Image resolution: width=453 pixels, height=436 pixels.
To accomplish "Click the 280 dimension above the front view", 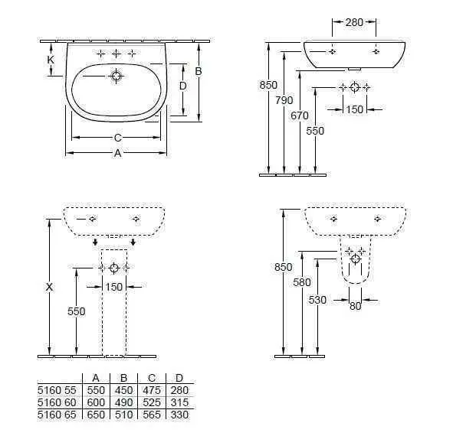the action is [x=354, y=22].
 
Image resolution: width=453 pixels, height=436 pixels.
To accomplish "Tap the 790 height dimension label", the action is [x=284, y=100].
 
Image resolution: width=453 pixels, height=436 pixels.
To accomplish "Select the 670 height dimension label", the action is [x=300, y=116].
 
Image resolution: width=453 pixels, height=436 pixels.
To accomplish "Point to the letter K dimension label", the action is [x=51, y=60].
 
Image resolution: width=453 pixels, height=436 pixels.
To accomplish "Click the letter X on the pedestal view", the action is [x=49, y=287].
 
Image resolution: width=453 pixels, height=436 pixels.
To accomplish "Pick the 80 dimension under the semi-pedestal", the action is [x=355, y=306].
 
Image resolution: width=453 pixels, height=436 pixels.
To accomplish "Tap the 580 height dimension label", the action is [x=302, y=282].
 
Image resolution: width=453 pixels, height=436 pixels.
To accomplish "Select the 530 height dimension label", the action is [x=317, y=300].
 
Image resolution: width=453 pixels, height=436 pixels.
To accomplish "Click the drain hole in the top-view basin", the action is [x=117, y=76].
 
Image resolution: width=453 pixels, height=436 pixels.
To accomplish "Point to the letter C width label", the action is [x=117, y=138].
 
